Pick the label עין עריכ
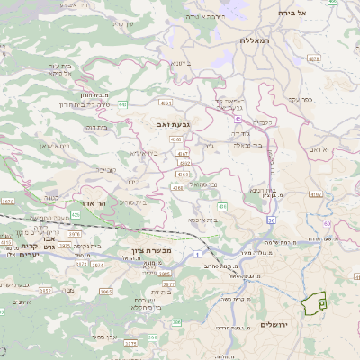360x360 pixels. click(122, 22)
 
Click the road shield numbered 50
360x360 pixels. click(271, 219)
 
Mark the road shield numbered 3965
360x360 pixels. click(106, 292)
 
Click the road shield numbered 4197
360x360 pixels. click(184, 153)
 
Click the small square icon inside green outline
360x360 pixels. click(321, 305)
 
